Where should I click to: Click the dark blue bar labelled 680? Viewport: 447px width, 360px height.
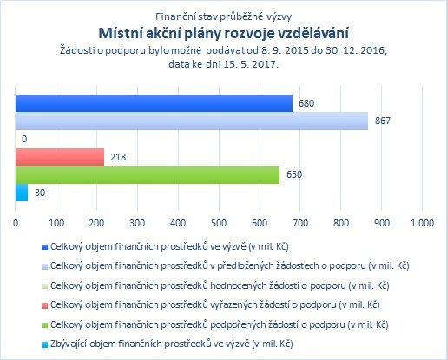154,103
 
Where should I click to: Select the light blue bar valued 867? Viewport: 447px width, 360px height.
192,121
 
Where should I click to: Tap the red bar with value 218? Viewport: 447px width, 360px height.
60,157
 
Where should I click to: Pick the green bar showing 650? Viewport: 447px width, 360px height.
148,174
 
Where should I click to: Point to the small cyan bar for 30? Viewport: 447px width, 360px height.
22,193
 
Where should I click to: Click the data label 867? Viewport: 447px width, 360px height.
383,121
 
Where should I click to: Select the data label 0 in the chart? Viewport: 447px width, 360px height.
24,139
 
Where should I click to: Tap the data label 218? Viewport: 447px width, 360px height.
118,157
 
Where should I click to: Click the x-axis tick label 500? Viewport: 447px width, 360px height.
219,223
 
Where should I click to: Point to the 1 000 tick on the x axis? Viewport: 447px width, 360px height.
423,223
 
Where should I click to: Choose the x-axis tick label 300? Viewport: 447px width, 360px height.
137,223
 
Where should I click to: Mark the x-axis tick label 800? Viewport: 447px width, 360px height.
341,223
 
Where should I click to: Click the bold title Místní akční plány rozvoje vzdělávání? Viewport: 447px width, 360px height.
224,33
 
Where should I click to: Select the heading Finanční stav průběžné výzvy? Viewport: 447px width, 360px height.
223,16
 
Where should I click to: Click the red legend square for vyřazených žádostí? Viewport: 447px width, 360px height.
44,305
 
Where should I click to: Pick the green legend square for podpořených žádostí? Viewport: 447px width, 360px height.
44,325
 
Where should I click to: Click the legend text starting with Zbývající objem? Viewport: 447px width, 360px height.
172,344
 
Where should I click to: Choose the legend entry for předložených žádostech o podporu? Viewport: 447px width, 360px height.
226,265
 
